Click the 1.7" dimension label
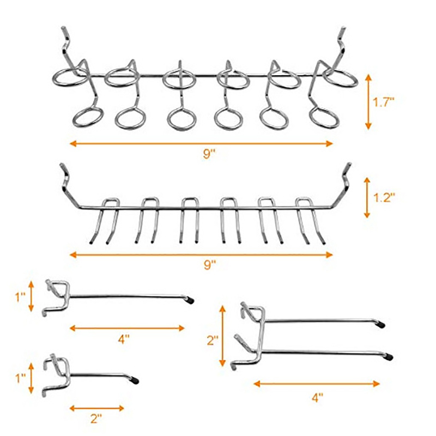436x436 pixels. [384, 102]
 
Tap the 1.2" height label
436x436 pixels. [384, 198]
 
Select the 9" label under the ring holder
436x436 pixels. [210, 154]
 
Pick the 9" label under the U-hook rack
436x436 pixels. [210, 265]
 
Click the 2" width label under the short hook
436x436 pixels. [96, 419]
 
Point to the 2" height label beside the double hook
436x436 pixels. [213, 340]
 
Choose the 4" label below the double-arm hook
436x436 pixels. [317, 397]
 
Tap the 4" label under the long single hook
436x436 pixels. [124, 339]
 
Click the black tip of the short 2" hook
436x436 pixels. [135, 380]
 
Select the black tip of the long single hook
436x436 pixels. [190, 300]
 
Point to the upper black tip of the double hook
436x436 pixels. [381, 324]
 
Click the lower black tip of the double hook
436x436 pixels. [389, 357]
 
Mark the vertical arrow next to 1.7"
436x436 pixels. [368, 102]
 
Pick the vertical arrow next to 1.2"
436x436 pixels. [367, 198]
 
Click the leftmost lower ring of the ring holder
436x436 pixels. [88, 115]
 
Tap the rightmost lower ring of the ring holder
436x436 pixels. [324, 118]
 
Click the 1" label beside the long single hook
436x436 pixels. [20, 296]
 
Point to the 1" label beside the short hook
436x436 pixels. [20, 378]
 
